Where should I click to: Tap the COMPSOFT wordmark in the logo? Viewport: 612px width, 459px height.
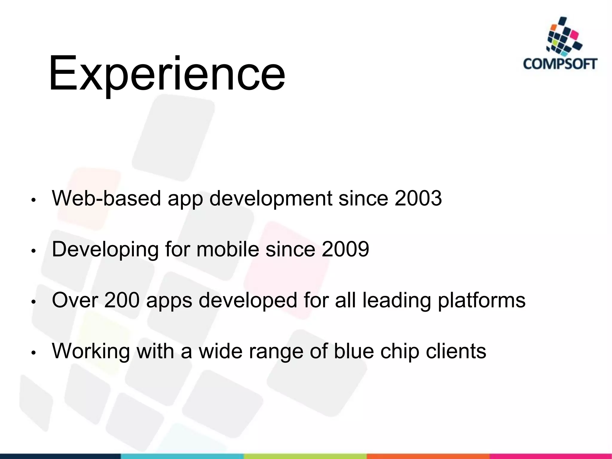560,64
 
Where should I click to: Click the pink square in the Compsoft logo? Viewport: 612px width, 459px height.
574,36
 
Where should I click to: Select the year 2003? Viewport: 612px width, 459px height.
418,198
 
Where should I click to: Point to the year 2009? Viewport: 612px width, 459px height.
345,249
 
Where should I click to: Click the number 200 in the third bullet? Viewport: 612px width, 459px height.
122,300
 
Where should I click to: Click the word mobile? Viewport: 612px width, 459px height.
227,249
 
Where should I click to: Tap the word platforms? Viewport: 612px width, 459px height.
481,301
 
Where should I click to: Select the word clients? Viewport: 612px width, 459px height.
456,351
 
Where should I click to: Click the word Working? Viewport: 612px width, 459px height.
91,351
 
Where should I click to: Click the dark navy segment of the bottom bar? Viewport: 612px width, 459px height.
60,456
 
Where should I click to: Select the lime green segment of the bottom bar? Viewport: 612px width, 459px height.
305,456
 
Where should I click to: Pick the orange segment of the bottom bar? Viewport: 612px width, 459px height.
427,456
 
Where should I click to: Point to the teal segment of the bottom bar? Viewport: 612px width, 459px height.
182,456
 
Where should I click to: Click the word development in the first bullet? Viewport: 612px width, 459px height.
270,199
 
